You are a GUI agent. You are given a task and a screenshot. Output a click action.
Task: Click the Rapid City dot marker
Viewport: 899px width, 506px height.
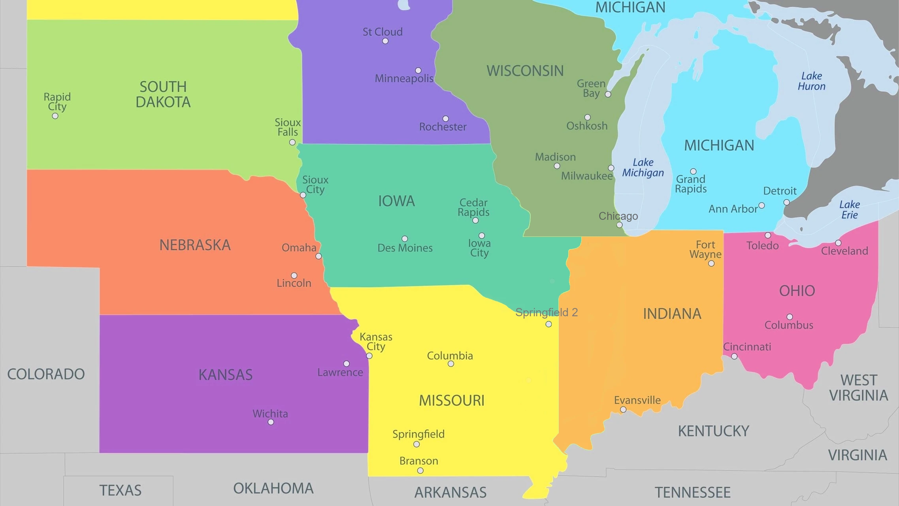(x=55, y=116)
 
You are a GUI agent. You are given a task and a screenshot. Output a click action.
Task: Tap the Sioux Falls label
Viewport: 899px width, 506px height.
(x=288, y=127)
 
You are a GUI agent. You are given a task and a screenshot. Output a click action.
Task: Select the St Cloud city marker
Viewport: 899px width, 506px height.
(x=385, y=41)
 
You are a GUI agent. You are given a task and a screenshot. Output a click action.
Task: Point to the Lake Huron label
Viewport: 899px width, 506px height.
(x=812, y=81)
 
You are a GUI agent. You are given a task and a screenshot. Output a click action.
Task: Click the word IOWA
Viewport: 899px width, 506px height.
(x=396, y=201)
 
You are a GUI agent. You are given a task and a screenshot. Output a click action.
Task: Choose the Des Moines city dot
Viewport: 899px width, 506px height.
(x=405, y=239)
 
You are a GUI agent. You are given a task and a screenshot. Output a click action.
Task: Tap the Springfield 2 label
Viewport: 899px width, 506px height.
(x=547, y=312)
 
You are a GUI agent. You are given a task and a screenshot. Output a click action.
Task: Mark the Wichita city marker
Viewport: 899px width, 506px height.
(x=271, y=422)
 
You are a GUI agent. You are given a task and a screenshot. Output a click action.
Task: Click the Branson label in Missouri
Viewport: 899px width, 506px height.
(x=418, y=461)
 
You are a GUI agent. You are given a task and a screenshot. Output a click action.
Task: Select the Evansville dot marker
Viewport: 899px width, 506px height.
(x=623, y=410)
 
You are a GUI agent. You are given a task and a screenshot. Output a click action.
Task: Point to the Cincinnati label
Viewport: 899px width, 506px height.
(x=747, y=347)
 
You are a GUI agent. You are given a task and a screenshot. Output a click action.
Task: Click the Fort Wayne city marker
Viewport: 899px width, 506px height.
(x=711, y=264)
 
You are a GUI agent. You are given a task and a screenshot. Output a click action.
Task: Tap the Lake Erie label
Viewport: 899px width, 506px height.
(x=849, y=210)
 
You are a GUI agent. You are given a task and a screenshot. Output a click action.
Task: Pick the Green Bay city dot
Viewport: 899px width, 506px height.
(x=608, y=94)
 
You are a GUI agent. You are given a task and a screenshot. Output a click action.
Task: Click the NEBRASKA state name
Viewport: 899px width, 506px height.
(x=195, y=245)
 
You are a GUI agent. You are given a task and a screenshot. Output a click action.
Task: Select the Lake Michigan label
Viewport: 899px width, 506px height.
(x=643, y=168)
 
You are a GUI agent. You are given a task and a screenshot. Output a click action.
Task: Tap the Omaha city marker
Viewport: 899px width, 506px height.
(x=319, y=256)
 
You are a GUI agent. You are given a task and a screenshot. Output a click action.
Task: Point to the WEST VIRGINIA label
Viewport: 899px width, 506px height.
(x=858, y=388)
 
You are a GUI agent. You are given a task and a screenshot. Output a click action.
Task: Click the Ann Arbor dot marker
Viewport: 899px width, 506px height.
(x=762, y=206)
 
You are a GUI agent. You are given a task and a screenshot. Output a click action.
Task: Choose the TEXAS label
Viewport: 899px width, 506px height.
(x=120, y=491)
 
